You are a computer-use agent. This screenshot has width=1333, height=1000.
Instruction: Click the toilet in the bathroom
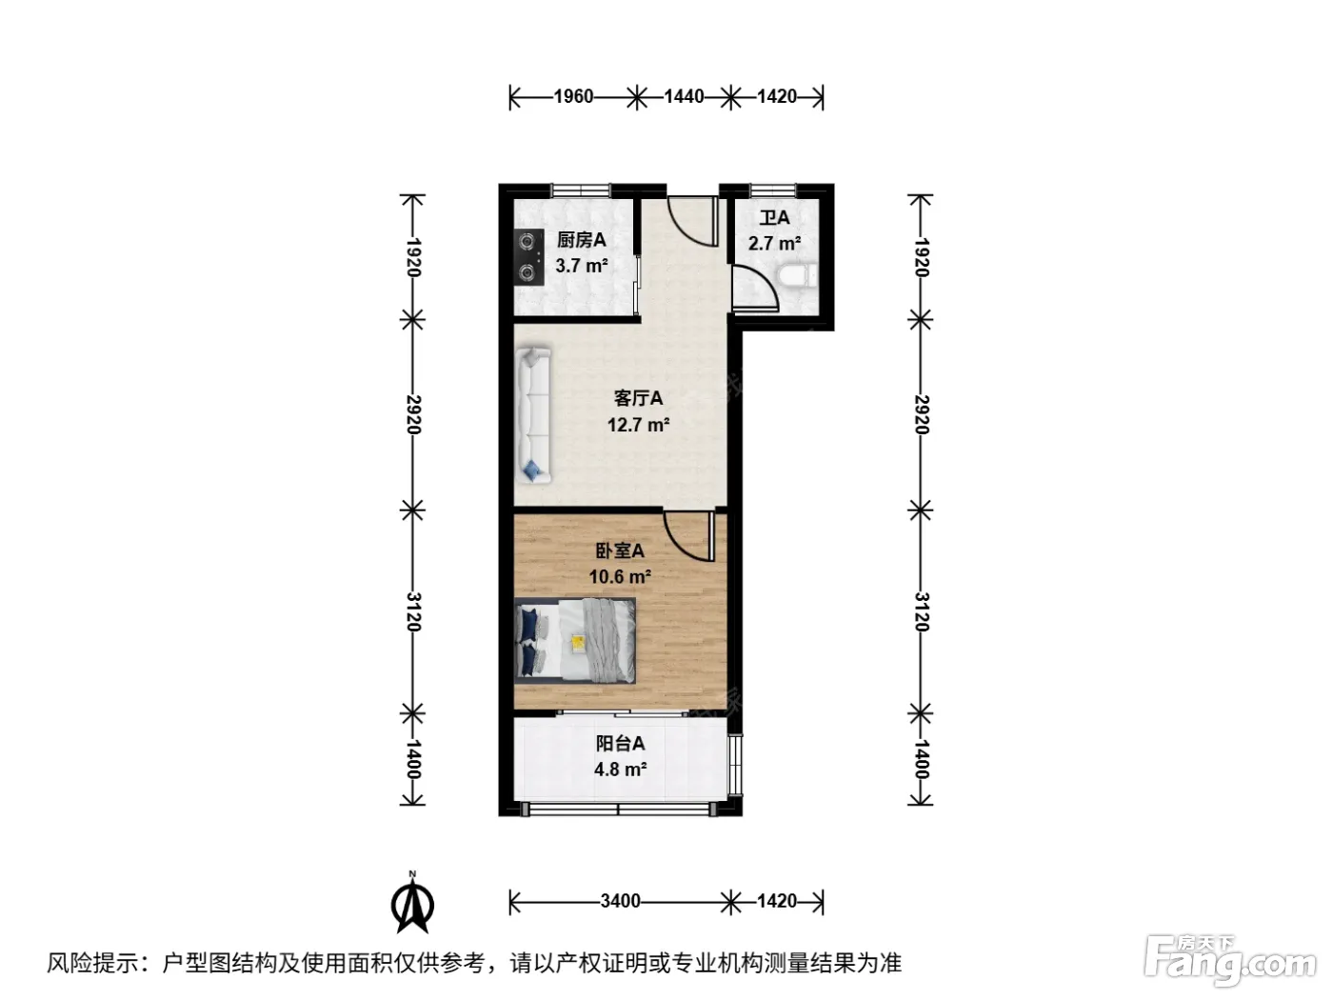(796, 277)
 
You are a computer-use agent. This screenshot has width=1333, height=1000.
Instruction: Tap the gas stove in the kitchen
(528, 257)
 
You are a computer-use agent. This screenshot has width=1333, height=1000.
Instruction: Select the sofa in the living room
(533, 415)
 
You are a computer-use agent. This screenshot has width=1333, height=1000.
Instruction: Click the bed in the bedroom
(574, 640)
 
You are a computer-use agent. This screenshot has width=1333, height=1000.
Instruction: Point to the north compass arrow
(412, 903)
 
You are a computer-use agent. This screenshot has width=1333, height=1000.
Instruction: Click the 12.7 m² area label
(638, 425)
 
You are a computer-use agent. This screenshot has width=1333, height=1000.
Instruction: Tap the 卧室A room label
(619, 550)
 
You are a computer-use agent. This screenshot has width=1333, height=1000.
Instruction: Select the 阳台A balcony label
(620, 743)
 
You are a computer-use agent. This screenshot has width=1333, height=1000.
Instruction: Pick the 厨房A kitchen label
(581, 240)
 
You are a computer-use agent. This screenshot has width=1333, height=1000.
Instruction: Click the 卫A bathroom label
(774, 217)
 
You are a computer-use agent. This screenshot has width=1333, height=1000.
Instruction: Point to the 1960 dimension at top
(572, 96)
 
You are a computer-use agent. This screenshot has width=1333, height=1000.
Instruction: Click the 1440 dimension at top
(684, 96)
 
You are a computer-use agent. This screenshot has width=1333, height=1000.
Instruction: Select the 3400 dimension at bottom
(620, 900)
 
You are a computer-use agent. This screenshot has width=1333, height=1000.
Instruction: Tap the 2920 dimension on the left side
(413, 414)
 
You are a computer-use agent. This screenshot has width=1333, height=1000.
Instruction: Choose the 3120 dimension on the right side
(922, 612)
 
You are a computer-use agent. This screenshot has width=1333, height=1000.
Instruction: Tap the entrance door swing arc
(685, 229)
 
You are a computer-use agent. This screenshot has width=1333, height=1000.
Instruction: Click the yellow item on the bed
(578, 642)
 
